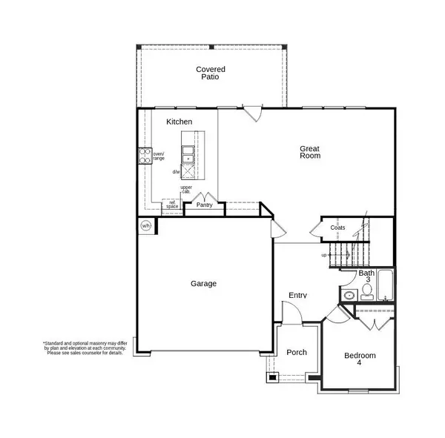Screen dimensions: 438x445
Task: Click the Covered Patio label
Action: (x=211, y=73)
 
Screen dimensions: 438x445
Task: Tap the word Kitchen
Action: (x=179, y=122)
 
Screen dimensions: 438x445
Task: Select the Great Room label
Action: (x=309, y=153)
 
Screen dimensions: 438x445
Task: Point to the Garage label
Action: (x=202, y=283)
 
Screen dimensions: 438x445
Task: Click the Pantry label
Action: (x=205, y=205)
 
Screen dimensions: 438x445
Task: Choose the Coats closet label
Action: (x=337, y=228)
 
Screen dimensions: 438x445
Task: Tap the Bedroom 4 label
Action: (x=360, y=359)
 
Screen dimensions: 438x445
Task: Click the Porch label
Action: (x=297, y=352)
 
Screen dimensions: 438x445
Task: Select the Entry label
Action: (x=297, y=296)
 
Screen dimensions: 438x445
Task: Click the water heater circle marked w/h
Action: (x=146, y=227)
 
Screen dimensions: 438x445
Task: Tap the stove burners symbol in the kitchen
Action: (x=144, y=156)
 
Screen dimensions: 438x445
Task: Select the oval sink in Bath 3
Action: (x=349, y=296)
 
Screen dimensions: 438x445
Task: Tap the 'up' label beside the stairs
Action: (x=324, y=255)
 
